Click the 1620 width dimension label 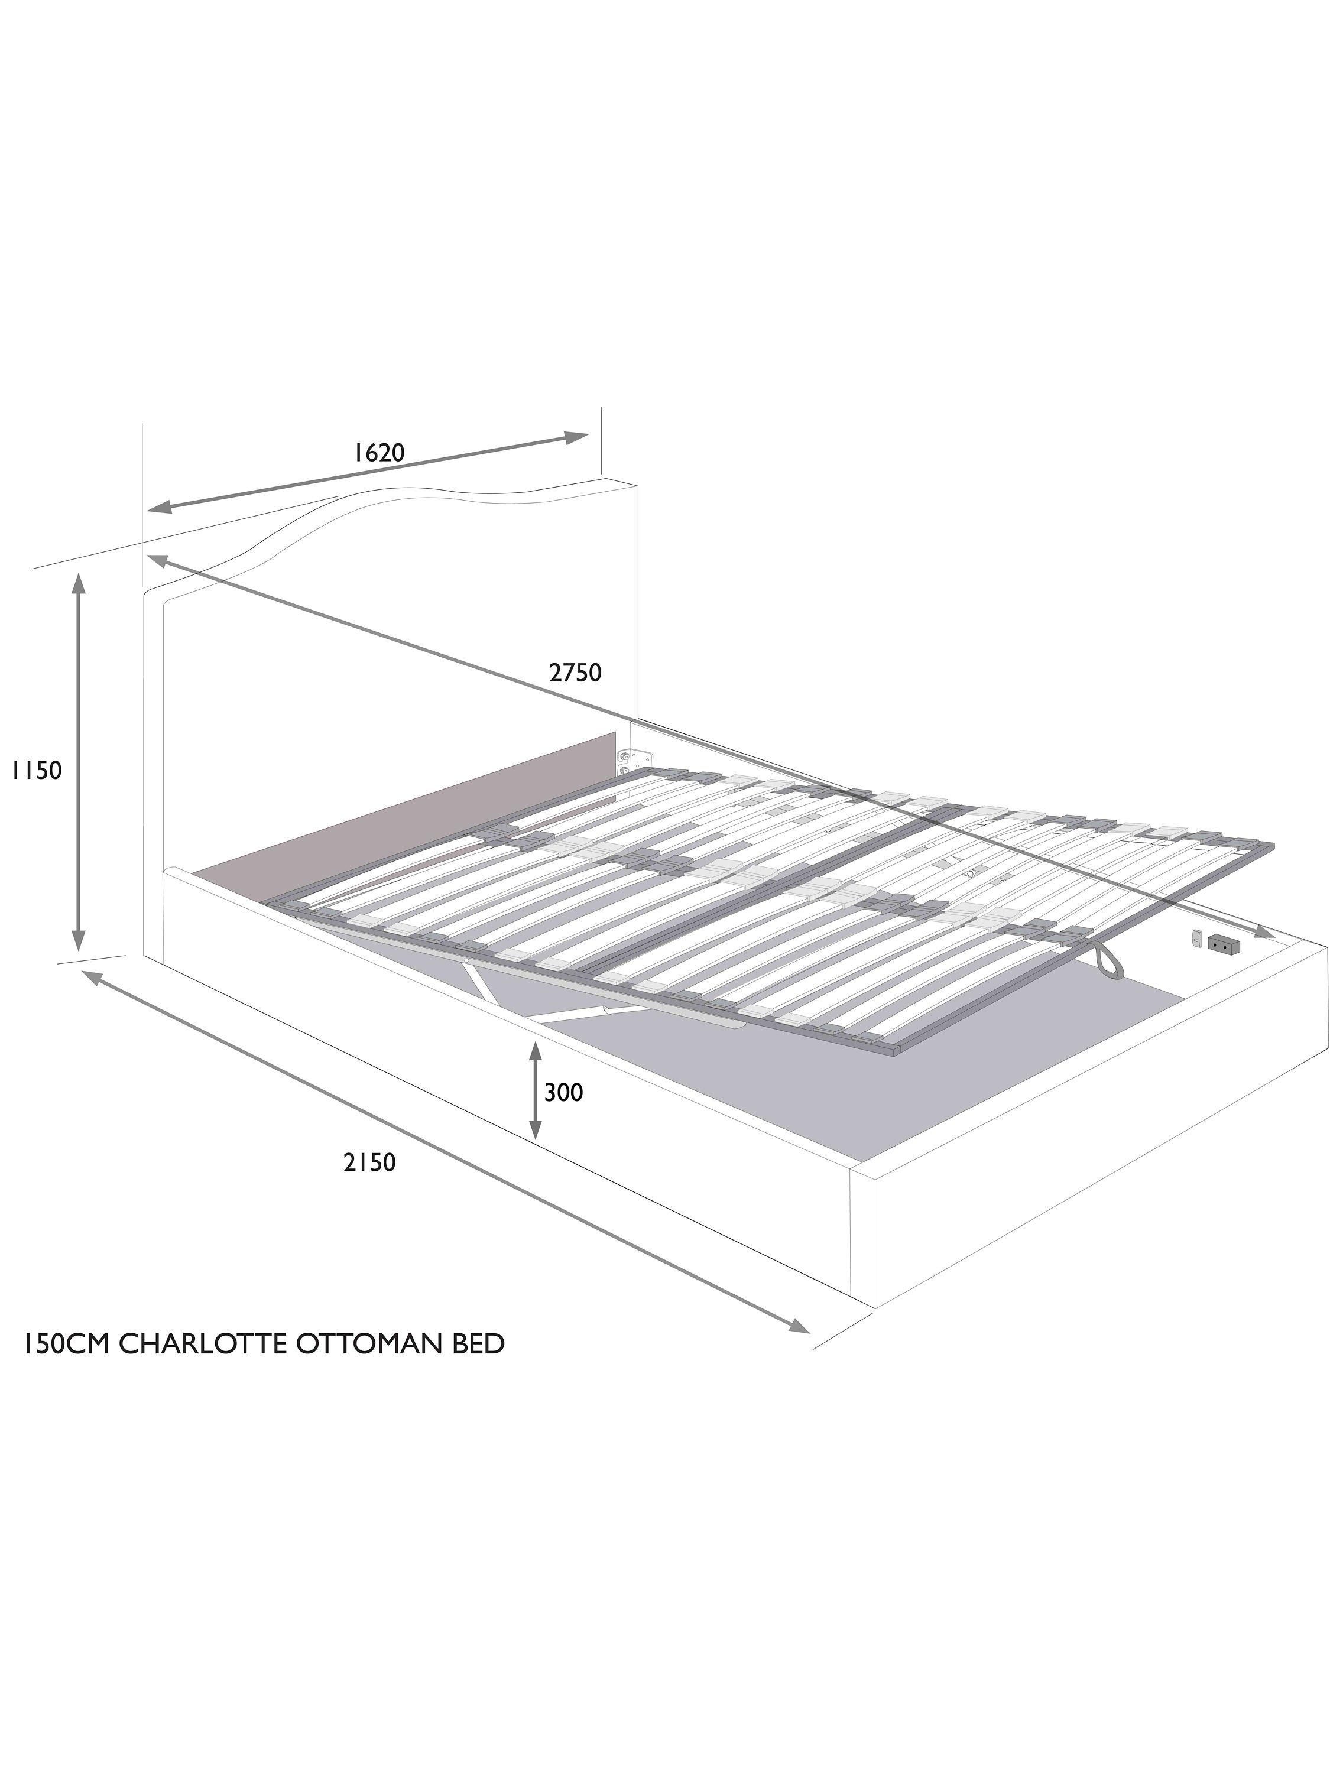click(x=379, y=453)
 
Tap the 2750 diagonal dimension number click(x=576, y=672)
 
